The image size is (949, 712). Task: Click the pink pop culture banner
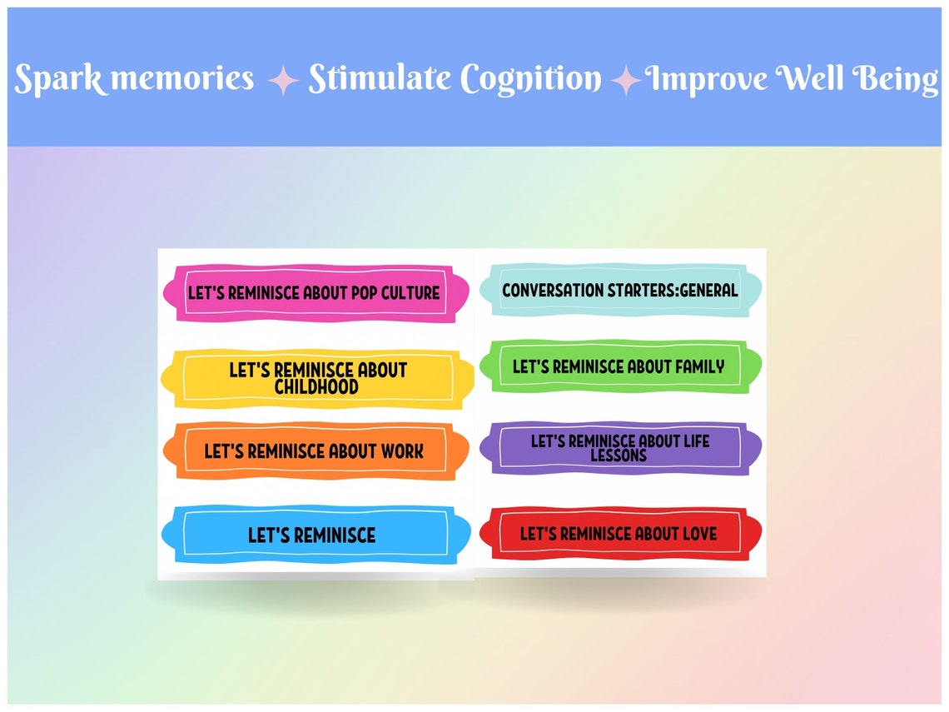tap(315, 293)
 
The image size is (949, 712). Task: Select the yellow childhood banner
tap(318, 378)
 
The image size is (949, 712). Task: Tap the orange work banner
tap(315, 451)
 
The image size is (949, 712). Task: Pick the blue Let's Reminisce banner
tap(311, 535)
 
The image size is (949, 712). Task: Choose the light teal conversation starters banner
tap(620, 291)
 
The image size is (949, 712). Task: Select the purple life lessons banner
tap(619, 448)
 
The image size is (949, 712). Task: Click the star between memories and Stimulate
tap(283, 80)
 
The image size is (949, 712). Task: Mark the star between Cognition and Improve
tap(625, 81)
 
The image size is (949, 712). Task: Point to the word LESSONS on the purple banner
tap(619, 456)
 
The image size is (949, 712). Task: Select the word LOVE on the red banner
tap(697, 534)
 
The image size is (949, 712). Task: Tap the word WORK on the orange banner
tap(402, 451)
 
